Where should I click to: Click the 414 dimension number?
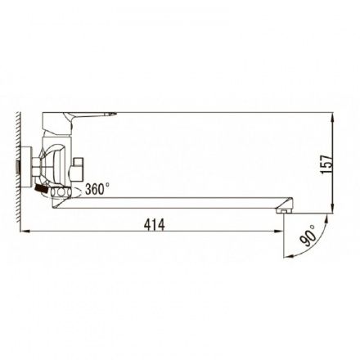155,225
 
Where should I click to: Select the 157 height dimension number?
326,164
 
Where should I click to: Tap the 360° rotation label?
97,189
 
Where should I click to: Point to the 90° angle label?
308,236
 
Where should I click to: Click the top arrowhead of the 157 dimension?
333,118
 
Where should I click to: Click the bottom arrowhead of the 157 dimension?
333,208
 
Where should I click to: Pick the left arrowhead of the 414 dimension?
25,232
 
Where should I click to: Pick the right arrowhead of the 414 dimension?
278,232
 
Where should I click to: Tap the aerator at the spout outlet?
284,211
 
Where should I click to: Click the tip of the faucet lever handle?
116,113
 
